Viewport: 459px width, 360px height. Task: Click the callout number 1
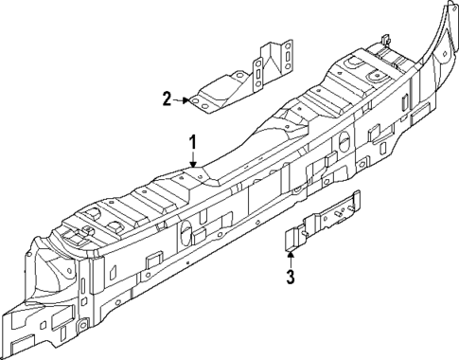tap(192, 143)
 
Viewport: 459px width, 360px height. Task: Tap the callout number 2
tap(168, 98)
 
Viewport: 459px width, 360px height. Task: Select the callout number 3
tap(291, 277)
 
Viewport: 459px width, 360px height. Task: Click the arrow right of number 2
tap(182, 98)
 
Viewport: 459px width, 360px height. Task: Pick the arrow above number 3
tap(291, 256)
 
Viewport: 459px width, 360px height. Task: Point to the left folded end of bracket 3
tap(292, 237)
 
